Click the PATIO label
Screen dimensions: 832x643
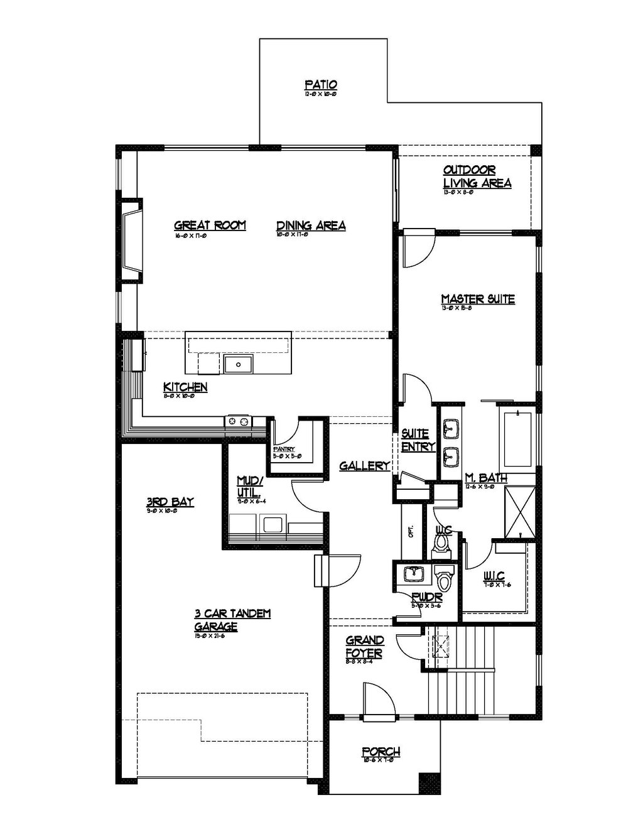[321, 84]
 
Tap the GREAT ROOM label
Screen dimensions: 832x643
[210, 225]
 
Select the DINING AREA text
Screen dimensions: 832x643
[311, 225]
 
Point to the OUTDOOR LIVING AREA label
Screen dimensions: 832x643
[477, 176]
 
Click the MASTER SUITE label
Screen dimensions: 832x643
[477, 299]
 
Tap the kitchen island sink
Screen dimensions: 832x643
[238, 363]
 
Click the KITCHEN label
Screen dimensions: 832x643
[185, 387]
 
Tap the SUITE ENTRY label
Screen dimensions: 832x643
[416, 440]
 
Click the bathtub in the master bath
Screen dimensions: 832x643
[516, 439]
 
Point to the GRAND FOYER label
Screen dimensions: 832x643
[365, 646]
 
